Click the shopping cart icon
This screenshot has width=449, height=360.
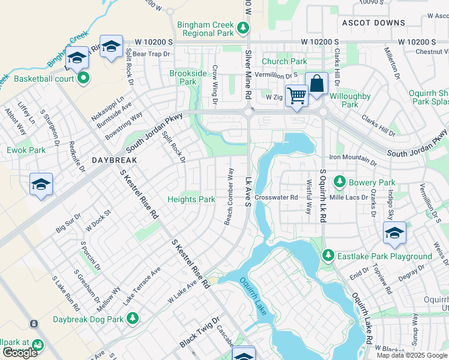click(x=296, y=94)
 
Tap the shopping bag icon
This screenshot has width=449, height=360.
click(x=316, y=83)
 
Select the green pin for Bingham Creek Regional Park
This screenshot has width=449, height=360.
click(x=243, y=28)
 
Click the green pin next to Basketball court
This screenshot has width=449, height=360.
click(x=83, y=78)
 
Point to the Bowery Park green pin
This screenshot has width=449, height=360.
click(x=339, y=181)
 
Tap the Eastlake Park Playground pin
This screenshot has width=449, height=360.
click(x=328, y=256)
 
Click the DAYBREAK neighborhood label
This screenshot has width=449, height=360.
click(x=115, y=160)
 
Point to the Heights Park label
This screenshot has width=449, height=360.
click(x=191, y=199)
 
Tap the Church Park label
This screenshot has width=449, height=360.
click(x=284, y=61)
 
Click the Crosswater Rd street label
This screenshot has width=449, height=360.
click(x=276, y=197)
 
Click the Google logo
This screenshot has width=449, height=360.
click(x=20, y=353)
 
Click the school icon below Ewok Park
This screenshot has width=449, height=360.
click(x=41, y=184)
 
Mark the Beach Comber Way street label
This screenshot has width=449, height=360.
click(x=228, y=197)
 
